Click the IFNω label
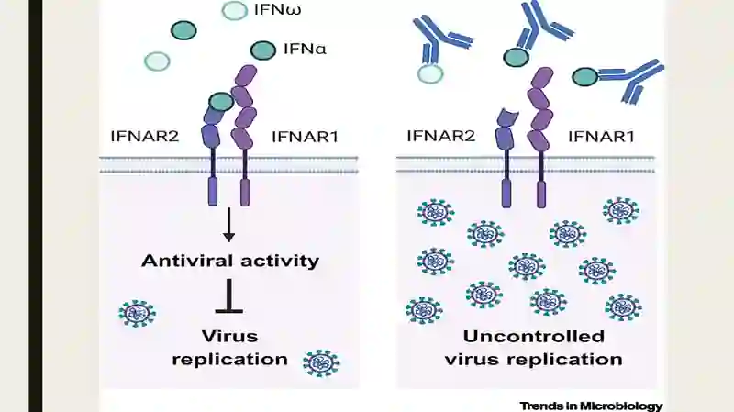[x=277, y=9]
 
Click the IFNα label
[x=305, y=49]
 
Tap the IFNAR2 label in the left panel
[x=145, y=136]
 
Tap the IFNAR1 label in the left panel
[x=305, y=137]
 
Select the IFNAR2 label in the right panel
[x=441, y=136]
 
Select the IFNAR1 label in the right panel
[x=602, y=137]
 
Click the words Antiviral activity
[x=230, y=261]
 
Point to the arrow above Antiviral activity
[x=228, y=225]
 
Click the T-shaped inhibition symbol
[x=229, y=296]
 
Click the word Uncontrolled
[x=534, y=336]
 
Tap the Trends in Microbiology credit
[x=591, y=406]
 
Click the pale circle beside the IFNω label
[x=234, y=10]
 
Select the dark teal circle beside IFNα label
[x=263, y=50]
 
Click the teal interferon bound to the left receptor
[x=221, y=101]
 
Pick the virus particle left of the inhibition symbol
[x=137, y=313]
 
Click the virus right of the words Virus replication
[x=322, y=362]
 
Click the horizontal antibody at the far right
[x=630, y=81]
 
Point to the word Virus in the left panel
[x=230, y=336]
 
